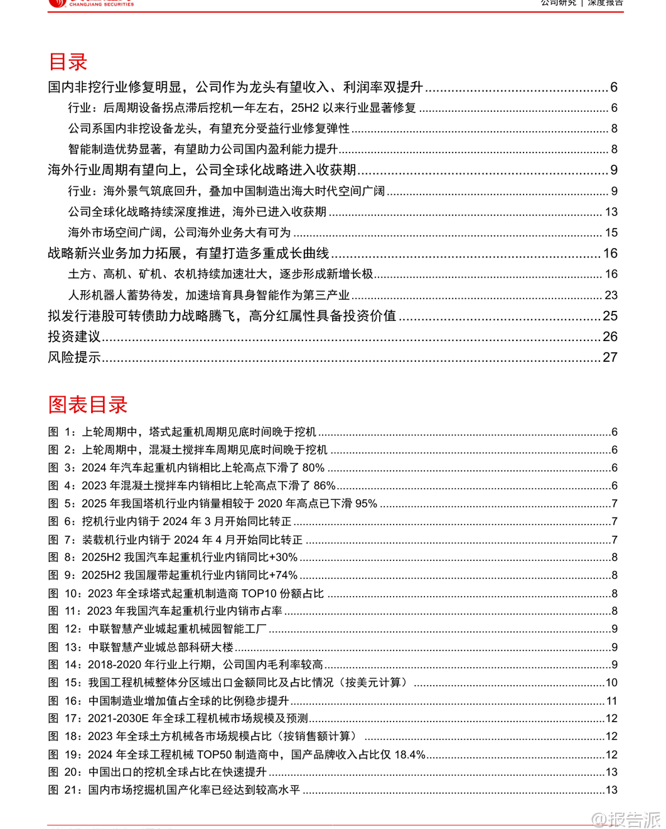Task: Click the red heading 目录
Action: [68, 62]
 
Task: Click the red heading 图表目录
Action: [88, 404]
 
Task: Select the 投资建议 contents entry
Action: [74, 337]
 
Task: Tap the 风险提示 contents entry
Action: [74, 357]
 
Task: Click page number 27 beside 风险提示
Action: [610, 357]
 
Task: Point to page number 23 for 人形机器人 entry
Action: [611, 295]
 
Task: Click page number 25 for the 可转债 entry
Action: [610, 316]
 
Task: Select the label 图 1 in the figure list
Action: [62, 432]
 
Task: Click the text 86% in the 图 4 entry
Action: [324, 485]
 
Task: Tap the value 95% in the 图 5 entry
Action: [365, 504]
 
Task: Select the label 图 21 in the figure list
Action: [65, 790]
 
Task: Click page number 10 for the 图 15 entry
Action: [611, 683]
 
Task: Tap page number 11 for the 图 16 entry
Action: [612, 701]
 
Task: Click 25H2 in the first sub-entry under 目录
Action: [305, 108]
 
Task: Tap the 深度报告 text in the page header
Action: [605, 3]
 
